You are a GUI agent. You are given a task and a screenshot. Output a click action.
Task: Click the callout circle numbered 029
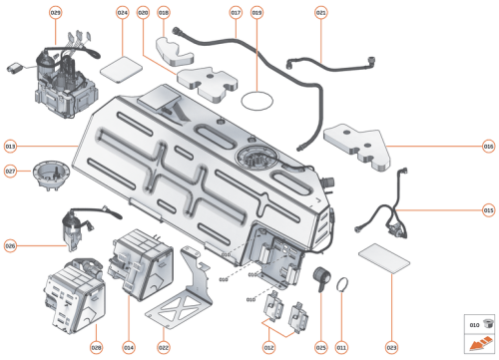[55, 12]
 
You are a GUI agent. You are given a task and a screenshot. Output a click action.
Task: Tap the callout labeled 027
[11, 171]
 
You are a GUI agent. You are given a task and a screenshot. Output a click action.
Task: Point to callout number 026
[11, 245]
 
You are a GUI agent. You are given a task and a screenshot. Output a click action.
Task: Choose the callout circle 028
[97, 347]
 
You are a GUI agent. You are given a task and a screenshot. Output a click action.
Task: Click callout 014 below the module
[129, 347]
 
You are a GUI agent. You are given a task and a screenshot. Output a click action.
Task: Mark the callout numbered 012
[268, 347]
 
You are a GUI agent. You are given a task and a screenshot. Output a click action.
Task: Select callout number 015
[488, 210]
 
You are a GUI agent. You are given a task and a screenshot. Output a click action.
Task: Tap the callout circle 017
[237, 12]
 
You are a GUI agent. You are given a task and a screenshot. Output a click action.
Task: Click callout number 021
[320, 12]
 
